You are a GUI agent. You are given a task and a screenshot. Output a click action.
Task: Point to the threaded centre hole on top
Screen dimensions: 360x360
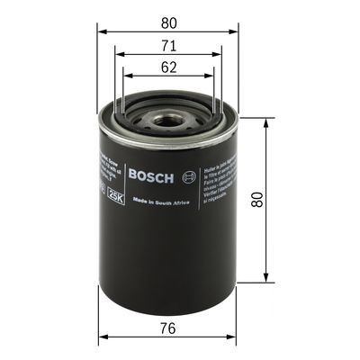pos(167,117)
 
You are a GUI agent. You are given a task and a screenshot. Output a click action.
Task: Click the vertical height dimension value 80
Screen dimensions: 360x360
pos(259,201)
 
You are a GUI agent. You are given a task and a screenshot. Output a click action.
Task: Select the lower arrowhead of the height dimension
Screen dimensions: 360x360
pos(266,280)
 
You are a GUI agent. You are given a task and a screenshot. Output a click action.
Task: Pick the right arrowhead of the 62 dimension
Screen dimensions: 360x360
pos(213,76)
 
